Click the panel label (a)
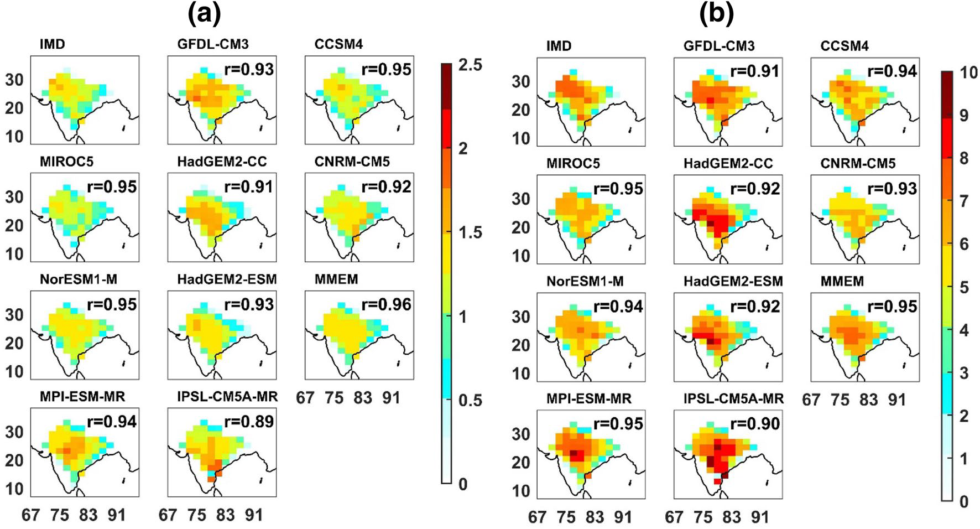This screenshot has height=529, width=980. [205, 15]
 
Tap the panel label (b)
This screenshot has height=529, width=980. [717, 15]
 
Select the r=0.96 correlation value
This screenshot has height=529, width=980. [387, 304]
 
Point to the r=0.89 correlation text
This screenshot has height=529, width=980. [249, 422]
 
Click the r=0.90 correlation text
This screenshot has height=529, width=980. [755, 424]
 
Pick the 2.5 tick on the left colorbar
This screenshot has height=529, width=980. [470, 65]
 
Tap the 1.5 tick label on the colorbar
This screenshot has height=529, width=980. [470, 232]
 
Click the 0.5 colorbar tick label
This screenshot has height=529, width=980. [470, 400]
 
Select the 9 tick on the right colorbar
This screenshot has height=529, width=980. [964, 116]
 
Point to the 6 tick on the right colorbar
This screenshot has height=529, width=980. [964, 244]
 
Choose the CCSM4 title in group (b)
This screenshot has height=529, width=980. [845, 45]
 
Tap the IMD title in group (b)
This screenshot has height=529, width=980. [559, 45]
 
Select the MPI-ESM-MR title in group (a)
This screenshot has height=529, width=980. [82, 397]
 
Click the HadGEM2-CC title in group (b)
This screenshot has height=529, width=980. [728, 163]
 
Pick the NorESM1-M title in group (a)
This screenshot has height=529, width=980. [79, 279]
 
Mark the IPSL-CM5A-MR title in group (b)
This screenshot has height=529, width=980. [734, 399]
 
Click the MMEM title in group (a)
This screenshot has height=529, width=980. [336, 279]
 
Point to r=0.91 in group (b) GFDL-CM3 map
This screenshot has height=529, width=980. [755, 71]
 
